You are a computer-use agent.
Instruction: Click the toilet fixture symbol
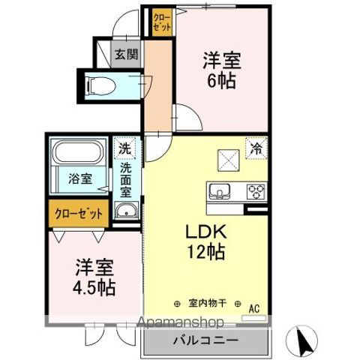[x=100, y=86]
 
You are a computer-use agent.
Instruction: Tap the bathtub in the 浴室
[x=79, y=151]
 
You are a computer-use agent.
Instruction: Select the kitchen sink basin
[x=220, y=191]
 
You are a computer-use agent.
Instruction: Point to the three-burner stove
[x=256, y=192]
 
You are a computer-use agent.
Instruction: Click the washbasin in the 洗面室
[x=127, y=210]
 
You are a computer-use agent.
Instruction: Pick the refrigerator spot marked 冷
[x=256, y=148]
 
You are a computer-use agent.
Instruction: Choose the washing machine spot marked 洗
[x=124, y=148]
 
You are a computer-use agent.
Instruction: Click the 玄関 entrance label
[x=127, y=54]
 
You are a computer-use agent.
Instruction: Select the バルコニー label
[x=206, y=340]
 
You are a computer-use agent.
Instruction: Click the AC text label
[x=254, y=309]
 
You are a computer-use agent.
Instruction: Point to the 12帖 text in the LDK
[x=206, y=251]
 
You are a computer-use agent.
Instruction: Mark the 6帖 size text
[x=221, y=80]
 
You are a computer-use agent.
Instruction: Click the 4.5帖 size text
[x=94, y=287]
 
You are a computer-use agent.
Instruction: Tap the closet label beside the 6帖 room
[x=162, y=22]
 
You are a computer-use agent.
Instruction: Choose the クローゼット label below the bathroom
[x=79, y=214]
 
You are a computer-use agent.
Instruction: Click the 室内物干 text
[x=207, y=303]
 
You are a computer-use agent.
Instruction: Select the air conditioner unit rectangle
[x=253, y=318]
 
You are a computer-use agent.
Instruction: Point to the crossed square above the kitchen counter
[x=229, y=160]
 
